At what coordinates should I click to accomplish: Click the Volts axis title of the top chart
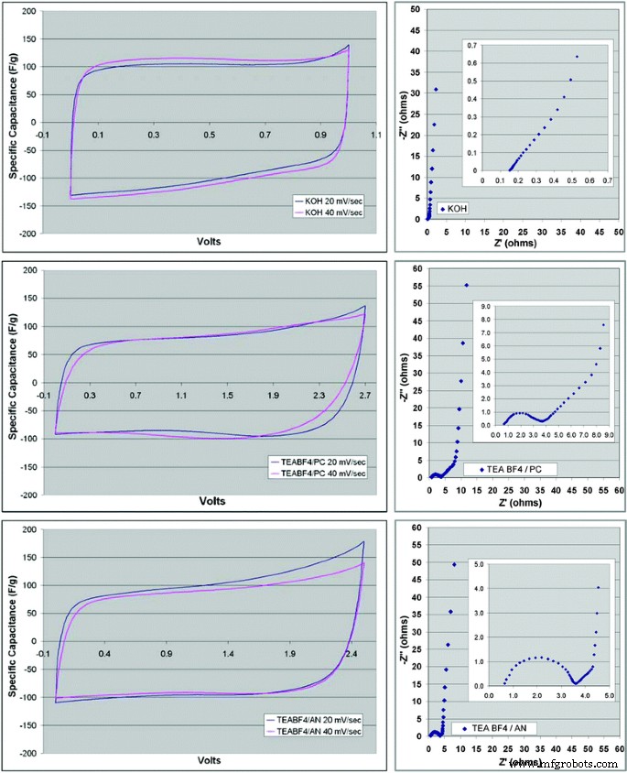(x=207, y=242)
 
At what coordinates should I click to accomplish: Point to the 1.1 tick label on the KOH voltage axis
(x=375, y=135)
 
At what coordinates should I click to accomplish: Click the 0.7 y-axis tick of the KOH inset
(x=472, y=44)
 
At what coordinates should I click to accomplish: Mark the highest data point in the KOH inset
(x=577, y=57)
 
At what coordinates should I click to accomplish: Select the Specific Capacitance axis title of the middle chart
(x=11, y=382)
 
